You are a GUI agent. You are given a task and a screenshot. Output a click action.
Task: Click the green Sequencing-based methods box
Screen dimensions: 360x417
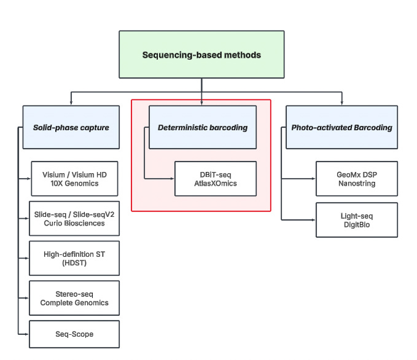(201, 55)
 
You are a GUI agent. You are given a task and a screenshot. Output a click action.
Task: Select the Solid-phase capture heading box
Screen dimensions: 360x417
(71, 127)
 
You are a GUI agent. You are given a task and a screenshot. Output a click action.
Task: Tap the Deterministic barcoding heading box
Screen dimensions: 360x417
(203, 127)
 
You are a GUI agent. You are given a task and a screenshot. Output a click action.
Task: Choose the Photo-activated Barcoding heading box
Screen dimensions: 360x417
(341, 127)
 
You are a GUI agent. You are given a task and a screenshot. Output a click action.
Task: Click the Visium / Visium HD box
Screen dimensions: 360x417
(74, 178)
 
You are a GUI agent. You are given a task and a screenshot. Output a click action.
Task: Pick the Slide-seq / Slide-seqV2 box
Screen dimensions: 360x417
(74, 218)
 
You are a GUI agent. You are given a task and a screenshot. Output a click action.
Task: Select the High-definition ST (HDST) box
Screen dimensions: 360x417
(74, 258)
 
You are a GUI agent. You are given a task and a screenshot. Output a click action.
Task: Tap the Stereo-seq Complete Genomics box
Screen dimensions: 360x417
(74, 298)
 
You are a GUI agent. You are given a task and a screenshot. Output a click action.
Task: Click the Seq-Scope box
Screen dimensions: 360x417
(74, 334)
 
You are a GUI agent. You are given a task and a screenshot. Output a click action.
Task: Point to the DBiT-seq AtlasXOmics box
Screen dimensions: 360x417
(215, 179)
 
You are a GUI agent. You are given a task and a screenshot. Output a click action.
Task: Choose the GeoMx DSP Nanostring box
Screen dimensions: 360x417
(356, 179)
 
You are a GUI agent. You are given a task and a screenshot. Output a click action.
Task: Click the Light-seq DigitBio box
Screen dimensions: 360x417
(356, 220)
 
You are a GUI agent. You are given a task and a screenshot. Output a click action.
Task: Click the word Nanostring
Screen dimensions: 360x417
(356, 184)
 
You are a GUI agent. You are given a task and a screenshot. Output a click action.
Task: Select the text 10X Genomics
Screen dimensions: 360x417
(74, 183)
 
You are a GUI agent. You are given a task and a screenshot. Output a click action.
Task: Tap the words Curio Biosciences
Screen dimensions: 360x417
(74, 223)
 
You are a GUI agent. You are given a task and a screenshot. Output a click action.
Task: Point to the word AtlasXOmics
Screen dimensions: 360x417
(215, 184)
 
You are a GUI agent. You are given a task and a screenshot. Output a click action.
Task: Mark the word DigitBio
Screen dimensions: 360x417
(356, 225)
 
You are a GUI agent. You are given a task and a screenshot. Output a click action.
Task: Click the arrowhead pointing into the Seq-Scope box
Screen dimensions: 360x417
(26, 334)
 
